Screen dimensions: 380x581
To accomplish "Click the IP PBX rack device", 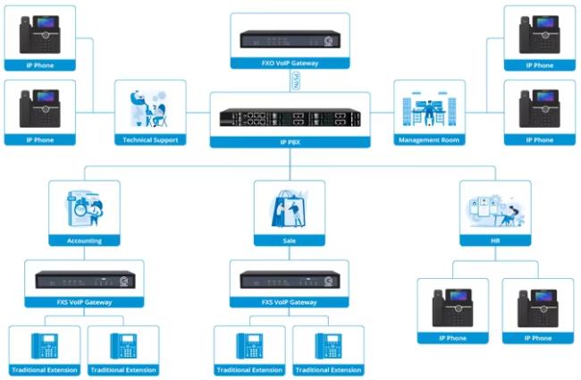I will [290, 117].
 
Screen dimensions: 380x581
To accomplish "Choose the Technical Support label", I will [150, 139].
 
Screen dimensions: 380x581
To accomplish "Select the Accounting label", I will [84, 241].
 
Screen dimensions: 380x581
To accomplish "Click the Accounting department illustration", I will [84, 209].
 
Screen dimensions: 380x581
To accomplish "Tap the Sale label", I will [289, 241].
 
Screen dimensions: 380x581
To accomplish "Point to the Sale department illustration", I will [289, 209].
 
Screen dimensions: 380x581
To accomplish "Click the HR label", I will [494, 241].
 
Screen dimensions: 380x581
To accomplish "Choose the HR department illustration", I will [494, 209].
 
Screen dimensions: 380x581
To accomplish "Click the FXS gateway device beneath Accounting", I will [84, 280].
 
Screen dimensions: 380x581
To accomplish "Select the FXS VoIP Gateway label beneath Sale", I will [289, 303].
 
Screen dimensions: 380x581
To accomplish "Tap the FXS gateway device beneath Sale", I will [289, 280].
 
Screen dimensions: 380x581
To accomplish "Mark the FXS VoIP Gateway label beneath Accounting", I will [84, 303].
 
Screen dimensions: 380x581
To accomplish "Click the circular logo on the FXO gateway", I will [329, 40].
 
